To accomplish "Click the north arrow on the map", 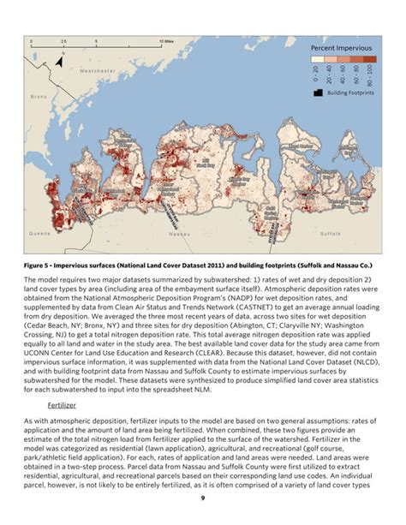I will [x=61, y=57].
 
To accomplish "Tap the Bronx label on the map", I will [x=39, y=97].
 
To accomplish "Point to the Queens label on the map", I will [x=39, y=232].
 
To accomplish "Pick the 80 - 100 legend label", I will [x=368, y=75].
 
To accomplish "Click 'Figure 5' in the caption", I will [x=40, y=266].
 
